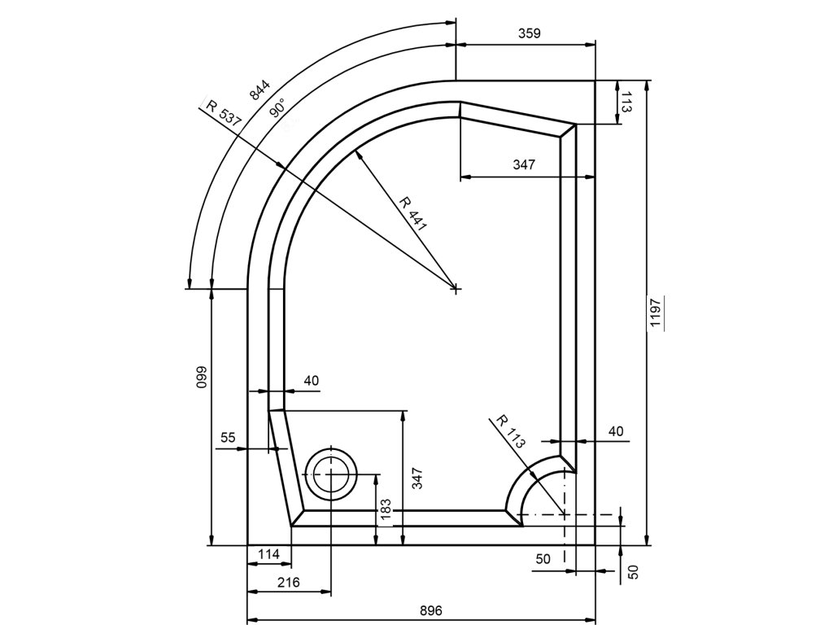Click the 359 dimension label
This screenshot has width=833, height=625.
tap(529, 33)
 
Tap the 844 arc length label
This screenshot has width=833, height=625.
tap(259, 90)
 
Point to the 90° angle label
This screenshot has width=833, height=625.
tap(278, 107)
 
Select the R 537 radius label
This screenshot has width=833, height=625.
tap(224, 112)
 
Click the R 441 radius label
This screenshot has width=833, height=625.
tap(412, 214)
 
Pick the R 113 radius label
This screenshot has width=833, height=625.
tap(511, 431)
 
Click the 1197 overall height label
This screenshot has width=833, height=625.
tap(655, 312)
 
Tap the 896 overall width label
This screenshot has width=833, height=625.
tap(431, 610)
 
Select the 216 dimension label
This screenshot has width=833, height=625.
tap(289, 582)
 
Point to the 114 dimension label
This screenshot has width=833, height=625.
tap(268, 554)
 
